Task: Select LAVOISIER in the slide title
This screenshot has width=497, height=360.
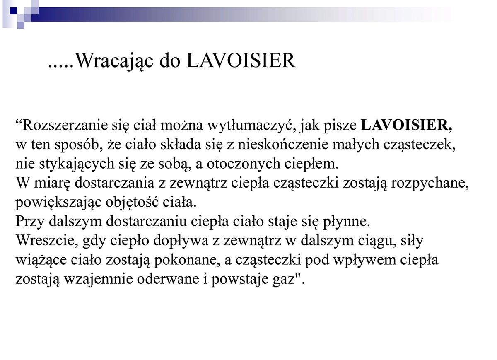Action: click(x=241, y=61)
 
